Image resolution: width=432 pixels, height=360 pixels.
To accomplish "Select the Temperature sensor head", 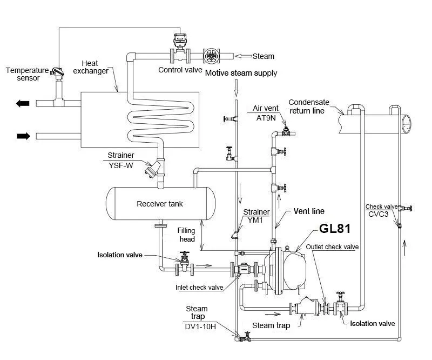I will point(56,72).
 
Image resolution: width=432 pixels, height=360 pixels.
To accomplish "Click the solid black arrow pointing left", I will point(23,103).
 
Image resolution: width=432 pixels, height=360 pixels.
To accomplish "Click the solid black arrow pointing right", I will point(23,136).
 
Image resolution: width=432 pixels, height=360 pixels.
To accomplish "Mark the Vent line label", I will point(308,211).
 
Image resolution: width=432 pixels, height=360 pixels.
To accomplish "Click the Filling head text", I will point(186,235).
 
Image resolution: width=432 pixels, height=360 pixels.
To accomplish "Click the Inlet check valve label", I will point(200,287).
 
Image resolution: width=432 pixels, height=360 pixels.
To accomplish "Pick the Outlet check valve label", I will point(332,247).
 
